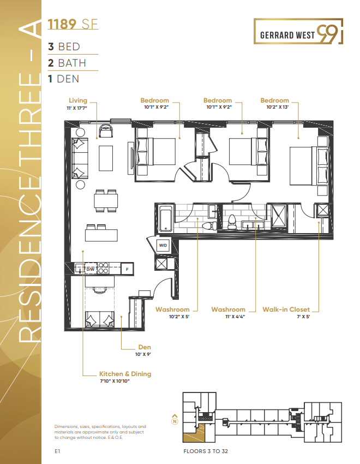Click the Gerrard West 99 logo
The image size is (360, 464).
298,31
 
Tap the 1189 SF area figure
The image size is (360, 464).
73,24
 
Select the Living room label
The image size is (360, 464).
78,100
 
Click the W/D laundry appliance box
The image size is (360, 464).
163,246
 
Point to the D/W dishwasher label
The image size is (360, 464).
91,269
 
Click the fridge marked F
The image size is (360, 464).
127,269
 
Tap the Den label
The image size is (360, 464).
145,347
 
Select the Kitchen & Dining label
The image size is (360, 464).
125,374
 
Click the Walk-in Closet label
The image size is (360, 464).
290,310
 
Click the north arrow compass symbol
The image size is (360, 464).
175,419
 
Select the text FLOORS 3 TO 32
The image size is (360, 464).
207,452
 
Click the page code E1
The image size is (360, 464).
57,452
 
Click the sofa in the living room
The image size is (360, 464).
79,158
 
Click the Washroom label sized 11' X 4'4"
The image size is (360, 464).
228,310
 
